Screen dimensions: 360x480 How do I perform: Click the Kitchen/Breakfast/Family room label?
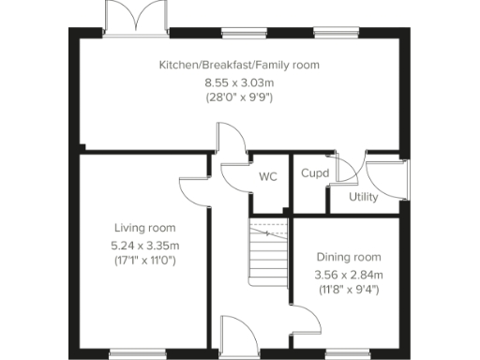point(239,65)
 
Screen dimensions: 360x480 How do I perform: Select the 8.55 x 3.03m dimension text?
point(239,82)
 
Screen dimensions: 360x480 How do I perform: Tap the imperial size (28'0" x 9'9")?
point(239,97)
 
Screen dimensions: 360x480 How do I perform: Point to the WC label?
point(267,176)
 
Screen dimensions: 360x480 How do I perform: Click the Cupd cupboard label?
point(314,173)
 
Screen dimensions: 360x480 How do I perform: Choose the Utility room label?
point(363,197)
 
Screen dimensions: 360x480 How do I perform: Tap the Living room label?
point(144,228)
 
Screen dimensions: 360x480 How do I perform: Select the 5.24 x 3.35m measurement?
point(144,245)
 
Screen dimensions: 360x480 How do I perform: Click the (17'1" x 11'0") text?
point(144,260)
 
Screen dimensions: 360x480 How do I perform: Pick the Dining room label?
point(348,257)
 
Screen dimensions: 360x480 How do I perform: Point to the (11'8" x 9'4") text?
point(348,289)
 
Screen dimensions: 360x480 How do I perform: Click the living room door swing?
point(193,187)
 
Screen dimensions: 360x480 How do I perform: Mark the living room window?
point(137,353)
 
